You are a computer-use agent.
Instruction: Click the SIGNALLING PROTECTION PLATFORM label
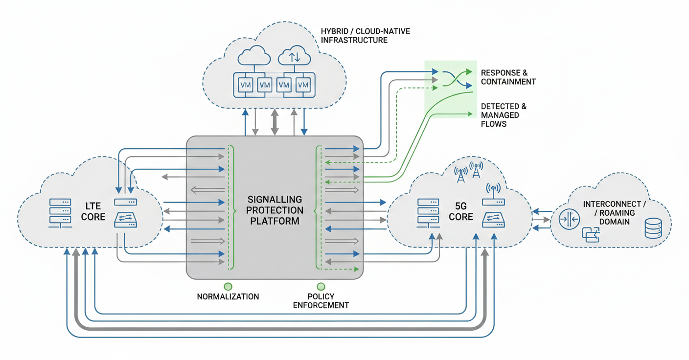point(275,210)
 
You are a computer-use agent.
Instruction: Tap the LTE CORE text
point(93,210)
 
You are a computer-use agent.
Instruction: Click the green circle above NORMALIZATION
point(228,287)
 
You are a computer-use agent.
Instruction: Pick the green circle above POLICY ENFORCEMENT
point(321,287)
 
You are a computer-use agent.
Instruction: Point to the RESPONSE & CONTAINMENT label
point(508,77)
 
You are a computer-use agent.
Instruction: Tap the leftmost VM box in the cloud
point(246,85)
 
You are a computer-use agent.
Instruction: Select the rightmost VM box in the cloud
point(303,85)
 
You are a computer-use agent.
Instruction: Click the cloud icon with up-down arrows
point(294,56)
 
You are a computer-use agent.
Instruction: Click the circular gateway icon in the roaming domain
point(569,219)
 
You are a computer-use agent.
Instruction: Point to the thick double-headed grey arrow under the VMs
point(275,122)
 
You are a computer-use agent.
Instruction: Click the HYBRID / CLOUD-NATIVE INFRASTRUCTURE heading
point(365,36)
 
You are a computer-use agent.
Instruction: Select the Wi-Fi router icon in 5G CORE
point(493,196)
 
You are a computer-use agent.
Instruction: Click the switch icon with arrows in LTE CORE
point(125,221)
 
